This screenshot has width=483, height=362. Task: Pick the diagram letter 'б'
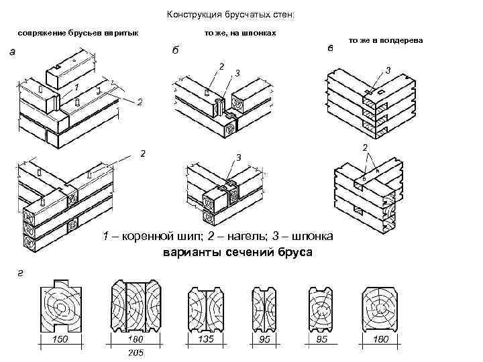tap(175, 52)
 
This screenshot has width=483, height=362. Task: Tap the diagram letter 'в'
tap(329, 48)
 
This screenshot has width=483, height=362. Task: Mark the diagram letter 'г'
tap(14, 270)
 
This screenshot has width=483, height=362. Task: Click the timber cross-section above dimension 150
tap(62, 308)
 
